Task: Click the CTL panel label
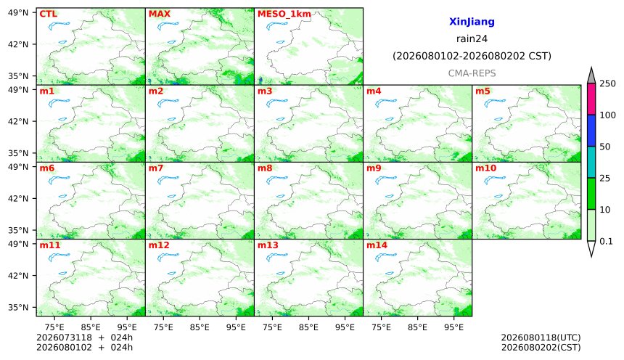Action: tap(48, 14)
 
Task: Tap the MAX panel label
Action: tap(159, 14)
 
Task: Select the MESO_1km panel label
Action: tap(284, 15)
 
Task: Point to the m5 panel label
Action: tap(483, 91)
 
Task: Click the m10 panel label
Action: tap(485, 168)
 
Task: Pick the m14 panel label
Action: tap(377, 245)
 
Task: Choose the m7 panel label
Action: tap(155, 168)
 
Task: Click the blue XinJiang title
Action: tap(472, 22)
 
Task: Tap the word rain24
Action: tap(472, 38)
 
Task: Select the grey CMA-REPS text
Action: tap(472, 73)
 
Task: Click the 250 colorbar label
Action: tap(607, 83)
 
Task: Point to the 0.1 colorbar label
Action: tap(606, 241)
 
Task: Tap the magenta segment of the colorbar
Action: tap(591, 99)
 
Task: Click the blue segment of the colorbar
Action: tap(591, 131)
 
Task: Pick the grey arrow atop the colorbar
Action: tap(591, 75)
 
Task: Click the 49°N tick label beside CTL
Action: tap(18, 13)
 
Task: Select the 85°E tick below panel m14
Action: tap(417, 327)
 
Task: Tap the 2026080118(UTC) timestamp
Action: tap(541, 337)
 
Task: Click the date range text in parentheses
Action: tap(472, 56)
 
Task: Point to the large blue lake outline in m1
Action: tap(59, 104)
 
